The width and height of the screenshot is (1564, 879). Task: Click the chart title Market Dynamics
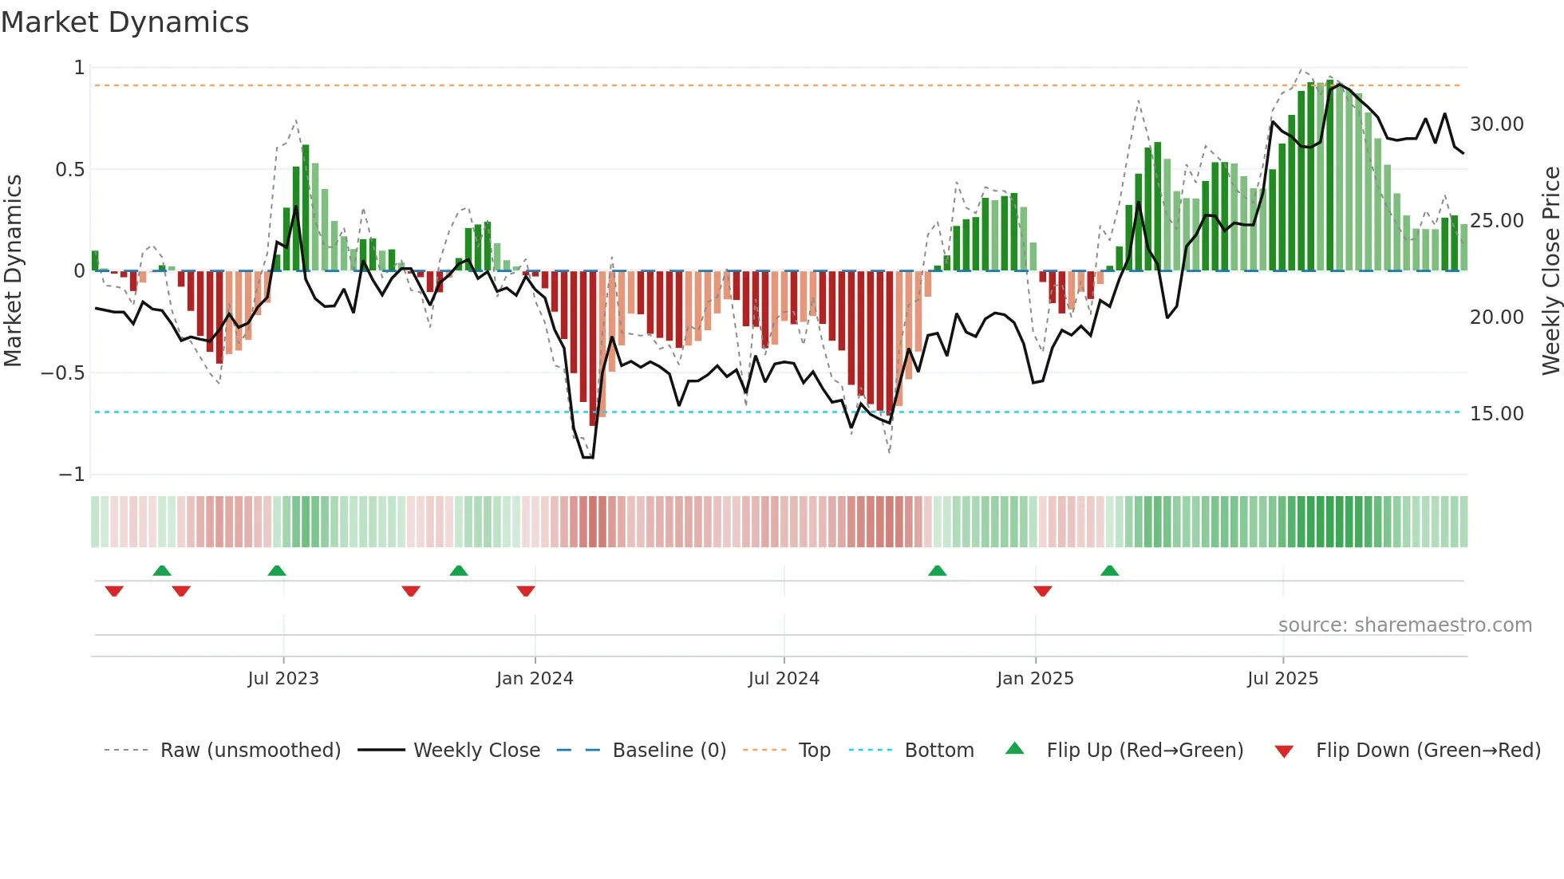pos(124,22)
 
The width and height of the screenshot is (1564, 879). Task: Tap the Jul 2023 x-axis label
pos(282,679)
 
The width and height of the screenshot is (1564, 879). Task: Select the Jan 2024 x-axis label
pos(535,679)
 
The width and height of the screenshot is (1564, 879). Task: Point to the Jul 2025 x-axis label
pos(1282,679)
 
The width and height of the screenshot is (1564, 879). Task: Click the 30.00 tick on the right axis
pos(1496,124)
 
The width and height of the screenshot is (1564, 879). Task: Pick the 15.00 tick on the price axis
pos(1496,414)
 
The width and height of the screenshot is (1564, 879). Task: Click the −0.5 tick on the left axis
pos(62,373)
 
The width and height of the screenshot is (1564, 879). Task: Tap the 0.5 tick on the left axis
pos(69,170)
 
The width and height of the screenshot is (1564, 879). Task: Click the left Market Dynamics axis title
pos(13,271)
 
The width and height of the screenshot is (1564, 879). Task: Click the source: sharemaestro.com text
pos(1404,625)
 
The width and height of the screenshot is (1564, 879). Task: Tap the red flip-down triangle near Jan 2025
pos(1042,591)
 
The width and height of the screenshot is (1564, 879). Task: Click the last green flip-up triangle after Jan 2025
pos(1109,570)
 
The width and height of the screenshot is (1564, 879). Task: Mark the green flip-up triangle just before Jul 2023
pos(277,570)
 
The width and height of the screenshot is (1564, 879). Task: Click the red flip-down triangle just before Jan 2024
pos(525,591)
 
